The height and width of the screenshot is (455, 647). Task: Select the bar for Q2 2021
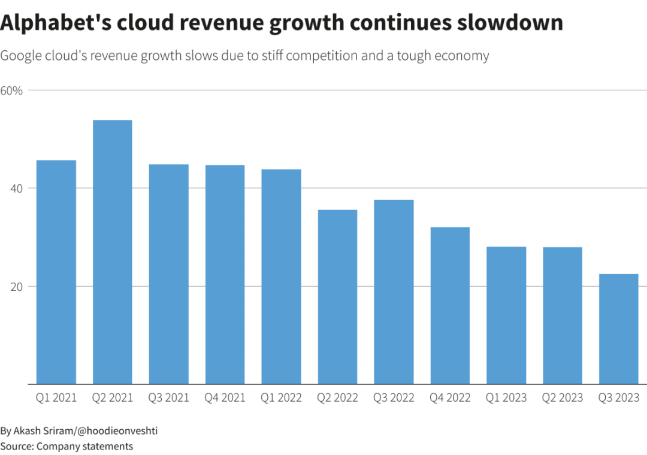tap(112, 251)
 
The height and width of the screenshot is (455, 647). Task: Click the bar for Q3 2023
tap(619, 329)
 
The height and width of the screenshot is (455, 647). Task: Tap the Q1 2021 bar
tap(56, 272)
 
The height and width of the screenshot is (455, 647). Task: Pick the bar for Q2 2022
tap(337, 296)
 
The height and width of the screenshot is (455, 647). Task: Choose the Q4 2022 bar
tap(450, 305)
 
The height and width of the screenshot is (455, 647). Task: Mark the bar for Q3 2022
tap(394, 292)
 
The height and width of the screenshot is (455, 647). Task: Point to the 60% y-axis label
tap(11, 90)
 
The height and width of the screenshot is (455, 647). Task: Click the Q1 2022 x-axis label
tap(281, 398)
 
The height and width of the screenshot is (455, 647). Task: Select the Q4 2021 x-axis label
tap(225, 398)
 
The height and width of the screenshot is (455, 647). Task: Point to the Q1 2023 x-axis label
tap(506, 398)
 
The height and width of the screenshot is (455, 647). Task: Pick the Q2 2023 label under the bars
tap(563, 398)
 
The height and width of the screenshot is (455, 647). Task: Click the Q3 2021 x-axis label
tap(168, 398)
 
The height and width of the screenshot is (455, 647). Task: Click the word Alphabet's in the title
tap(48, 23)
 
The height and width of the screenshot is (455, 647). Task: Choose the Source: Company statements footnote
tap(66, 446)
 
